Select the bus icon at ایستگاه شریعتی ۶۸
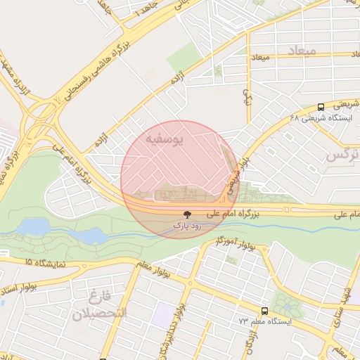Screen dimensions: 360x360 click(x=321, y=107)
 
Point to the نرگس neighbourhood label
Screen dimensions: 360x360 click(x=343, y=154)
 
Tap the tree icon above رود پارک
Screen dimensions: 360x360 click(x=187, y=214)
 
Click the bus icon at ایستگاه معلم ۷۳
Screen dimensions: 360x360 click(x=264, y=310)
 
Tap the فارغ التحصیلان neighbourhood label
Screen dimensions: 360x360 click(x=99, y=303)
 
